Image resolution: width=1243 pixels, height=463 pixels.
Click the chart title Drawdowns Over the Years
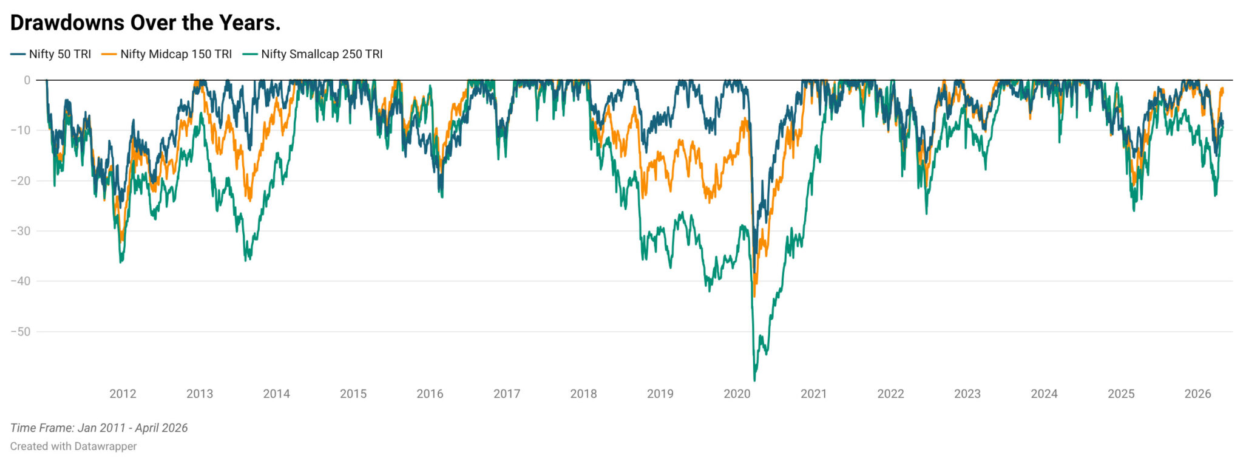(145, 22)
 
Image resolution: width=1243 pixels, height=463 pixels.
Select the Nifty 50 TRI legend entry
(51, 54)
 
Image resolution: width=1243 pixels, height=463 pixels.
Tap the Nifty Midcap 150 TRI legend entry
(167, 54)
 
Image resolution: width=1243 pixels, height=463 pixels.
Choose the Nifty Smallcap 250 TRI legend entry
(313, 54)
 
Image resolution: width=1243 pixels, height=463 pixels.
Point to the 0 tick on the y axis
(27, 80)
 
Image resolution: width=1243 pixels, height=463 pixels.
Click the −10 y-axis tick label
(21, 130)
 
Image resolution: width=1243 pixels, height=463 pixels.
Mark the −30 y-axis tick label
(21, 231)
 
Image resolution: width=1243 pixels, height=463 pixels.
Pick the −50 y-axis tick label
(21, 332)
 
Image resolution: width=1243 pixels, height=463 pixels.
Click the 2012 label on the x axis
(123, 394)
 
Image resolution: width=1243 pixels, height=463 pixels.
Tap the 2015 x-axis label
(353, 394)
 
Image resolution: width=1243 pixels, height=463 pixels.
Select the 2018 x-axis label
(583, 394)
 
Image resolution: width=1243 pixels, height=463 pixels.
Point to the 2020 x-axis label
(737, 394)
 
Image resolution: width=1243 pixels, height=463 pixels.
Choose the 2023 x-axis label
(967, 394)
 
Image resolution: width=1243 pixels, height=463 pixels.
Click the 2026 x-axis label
(1197, 394)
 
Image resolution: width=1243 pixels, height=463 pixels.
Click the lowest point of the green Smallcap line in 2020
(754, 380)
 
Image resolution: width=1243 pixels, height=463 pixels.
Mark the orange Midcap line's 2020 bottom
(754, 296)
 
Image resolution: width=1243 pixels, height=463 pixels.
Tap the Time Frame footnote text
(99, 428)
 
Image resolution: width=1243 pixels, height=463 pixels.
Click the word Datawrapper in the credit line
(106, 447)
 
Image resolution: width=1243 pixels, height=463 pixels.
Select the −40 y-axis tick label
(21, 281)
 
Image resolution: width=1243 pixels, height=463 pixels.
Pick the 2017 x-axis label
(507, 394)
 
